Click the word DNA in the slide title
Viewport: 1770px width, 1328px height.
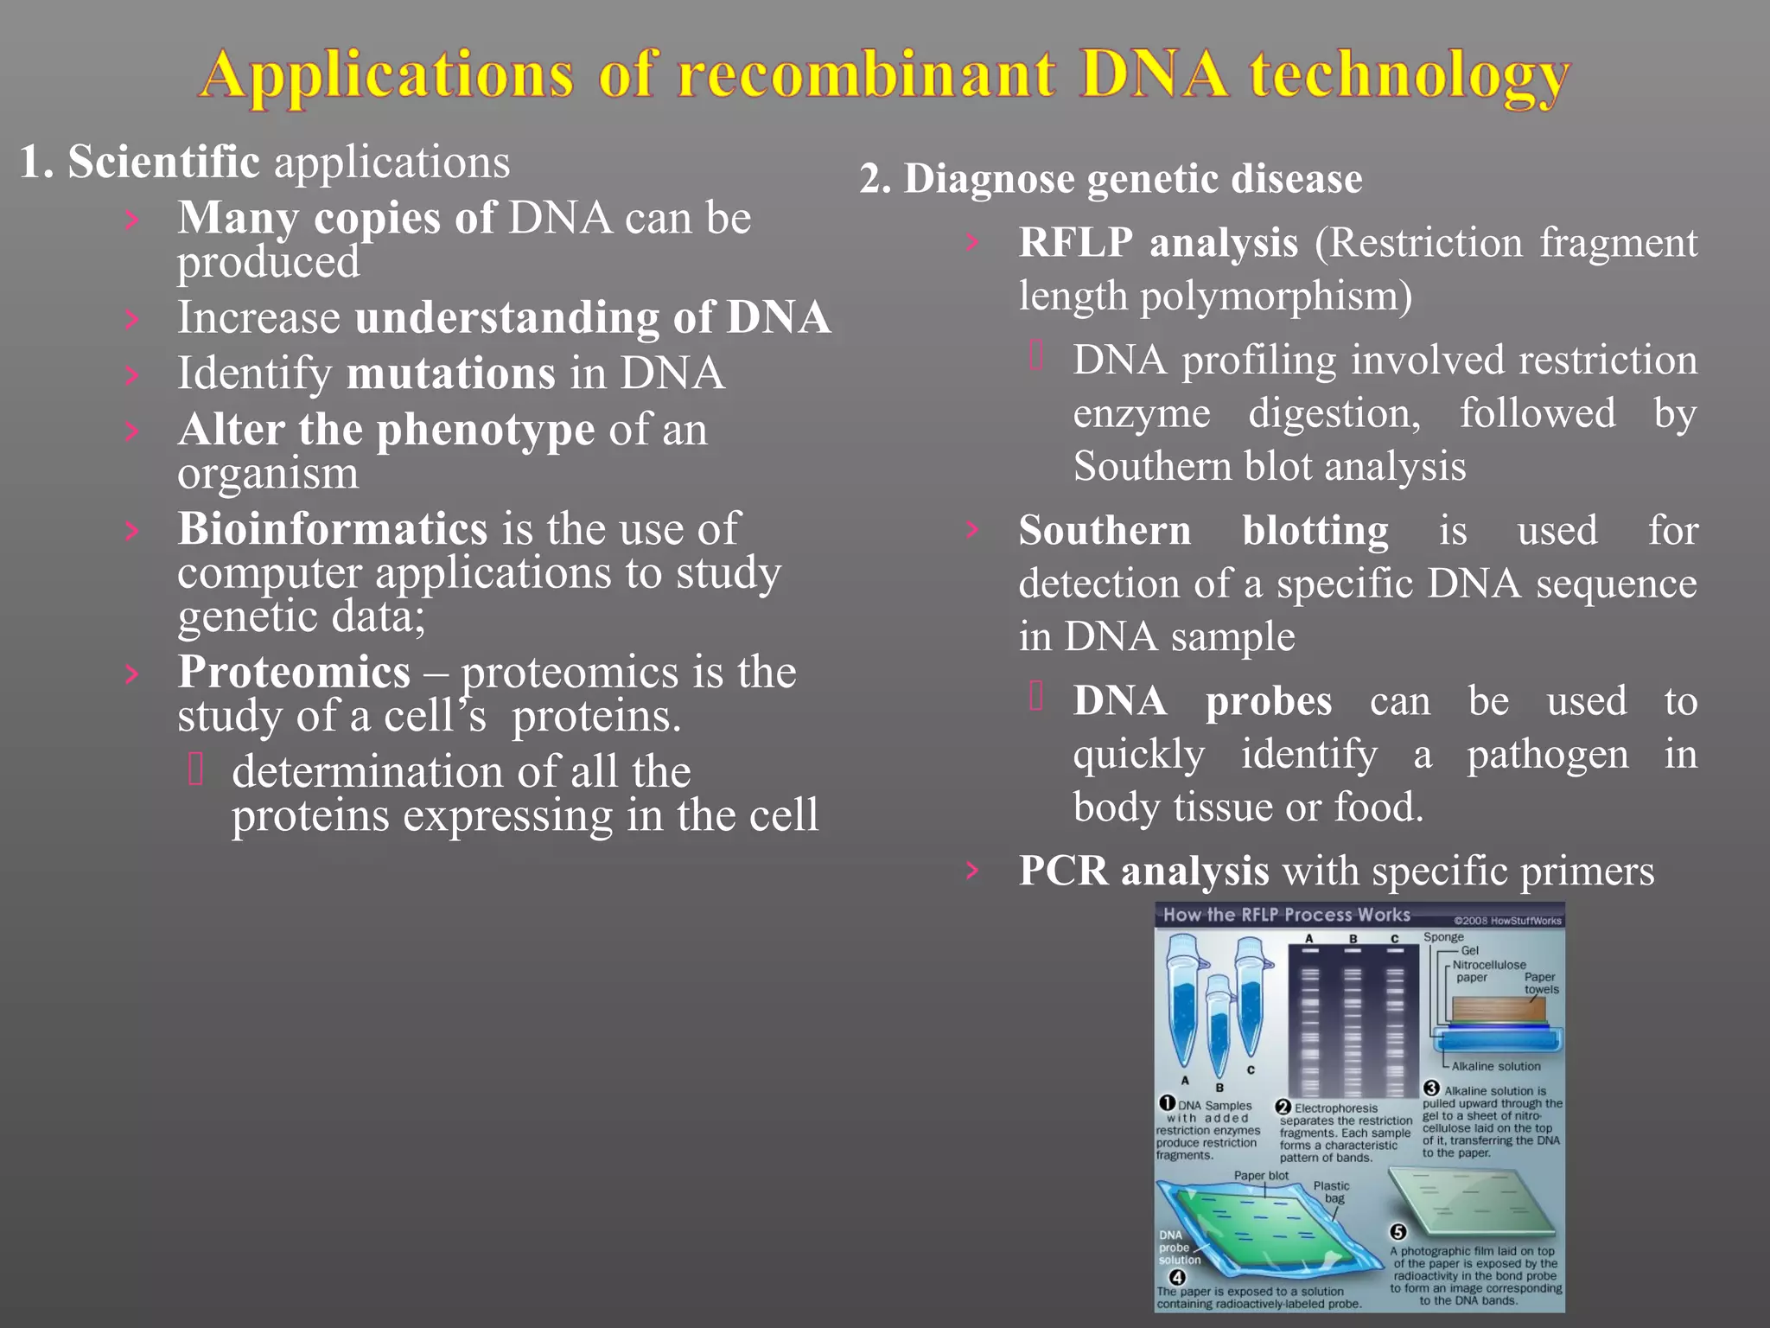tap(1154, 74)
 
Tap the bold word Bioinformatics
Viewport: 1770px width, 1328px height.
tap(333, 529)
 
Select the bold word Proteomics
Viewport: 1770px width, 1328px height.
tap(294, 672)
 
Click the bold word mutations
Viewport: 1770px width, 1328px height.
tap(450, 373)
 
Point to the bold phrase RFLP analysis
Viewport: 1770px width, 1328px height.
tap(1158, 243)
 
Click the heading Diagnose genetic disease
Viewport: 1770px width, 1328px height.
tap(1132, 179)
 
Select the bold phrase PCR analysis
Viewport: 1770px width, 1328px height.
tap(1143, 871)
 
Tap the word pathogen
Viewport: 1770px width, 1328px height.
tap(1547, 755)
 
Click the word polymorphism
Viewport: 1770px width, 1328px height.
tap(1276, 297)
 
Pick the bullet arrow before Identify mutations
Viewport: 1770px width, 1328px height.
tap(131, 374)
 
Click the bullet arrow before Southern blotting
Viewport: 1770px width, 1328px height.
tap(972, 529)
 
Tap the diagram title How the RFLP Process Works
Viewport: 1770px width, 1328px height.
tap(1286, 915)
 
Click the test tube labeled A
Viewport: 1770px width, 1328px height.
tap(1183, 1007)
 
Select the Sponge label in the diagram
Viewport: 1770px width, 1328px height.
tap(1443, 937)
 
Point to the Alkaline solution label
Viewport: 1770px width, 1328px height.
tap(1496, 1066)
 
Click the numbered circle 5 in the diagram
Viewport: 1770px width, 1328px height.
tap(1398, 1232)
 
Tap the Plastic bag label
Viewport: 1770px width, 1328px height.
tap(1332, 1192)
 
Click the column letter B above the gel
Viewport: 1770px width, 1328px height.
tap(1353, 939)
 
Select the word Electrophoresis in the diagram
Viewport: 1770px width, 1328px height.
tap(1336, 1108)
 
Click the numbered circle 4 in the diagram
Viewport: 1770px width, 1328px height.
tap(1176, 1277)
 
